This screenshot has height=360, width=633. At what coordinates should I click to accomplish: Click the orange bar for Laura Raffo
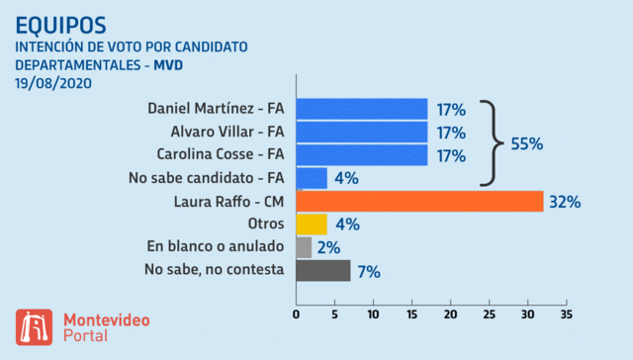pos(420,201)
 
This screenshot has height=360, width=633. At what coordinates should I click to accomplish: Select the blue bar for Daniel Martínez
pos(362,108)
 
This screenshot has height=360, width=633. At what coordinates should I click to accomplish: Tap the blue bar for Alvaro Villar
pos(362,131)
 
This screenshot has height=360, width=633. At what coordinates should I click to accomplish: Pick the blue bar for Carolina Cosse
pos(362,154)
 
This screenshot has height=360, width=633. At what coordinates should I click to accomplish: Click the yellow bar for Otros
pos(312,224)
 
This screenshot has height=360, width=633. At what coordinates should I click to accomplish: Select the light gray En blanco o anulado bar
pos(304,246)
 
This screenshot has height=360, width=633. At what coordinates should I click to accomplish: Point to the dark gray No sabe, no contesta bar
pos(323,270)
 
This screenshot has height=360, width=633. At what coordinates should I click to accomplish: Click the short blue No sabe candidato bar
pos(312,178)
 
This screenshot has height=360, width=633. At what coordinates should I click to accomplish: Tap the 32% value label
pos(564,202)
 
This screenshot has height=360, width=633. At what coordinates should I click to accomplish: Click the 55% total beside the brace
pos(527,143)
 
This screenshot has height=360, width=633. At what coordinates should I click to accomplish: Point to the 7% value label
pos(368,271)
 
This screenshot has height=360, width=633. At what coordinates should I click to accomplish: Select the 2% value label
pos(329,247)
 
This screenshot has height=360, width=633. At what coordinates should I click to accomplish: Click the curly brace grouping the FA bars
pos(489,142)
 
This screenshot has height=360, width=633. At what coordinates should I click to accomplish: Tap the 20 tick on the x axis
pos(451,315)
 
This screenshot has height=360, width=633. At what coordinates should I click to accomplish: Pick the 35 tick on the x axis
pos(566,315)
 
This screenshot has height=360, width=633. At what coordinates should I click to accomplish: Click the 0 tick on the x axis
pos(297,315)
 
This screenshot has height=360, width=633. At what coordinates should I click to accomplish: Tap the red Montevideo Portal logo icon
pos(34,327)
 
